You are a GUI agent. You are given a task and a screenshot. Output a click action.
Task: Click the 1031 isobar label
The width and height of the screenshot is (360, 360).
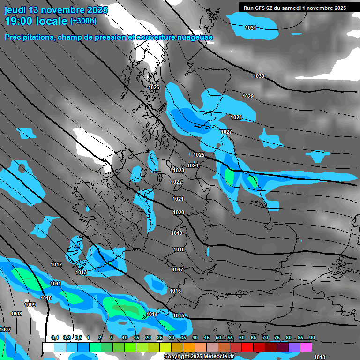coord(251,28)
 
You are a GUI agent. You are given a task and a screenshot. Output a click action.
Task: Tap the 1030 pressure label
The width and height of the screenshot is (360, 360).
coord(259,76)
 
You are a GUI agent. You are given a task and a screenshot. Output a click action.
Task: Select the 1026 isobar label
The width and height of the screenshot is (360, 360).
coord(154,87)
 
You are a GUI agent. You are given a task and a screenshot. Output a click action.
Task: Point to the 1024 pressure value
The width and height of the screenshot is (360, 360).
coord(193,165)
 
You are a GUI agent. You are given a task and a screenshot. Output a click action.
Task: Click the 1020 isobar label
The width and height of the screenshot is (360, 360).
coord(178,212)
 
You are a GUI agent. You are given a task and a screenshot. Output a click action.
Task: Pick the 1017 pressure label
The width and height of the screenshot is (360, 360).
coord(178,270)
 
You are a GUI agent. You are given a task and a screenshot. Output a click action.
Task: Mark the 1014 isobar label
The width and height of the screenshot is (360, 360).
coord(152,314)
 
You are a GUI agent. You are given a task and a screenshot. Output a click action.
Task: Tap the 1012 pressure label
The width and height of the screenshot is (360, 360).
coord(56,264)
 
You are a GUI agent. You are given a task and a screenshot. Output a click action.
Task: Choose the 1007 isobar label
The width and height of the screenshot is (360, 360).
coord(5,330)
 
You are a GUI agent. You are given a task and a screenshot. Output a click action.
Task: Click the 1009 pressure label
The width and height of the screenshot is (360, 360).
coord(30,305)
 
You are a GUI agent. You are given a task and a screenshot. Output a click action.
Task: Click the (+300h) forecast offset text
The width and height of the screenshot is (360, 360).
coord(83,21)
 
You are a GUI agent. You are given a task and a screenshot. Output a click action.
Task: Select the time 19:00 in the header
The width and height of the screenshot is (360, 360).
coord(20,21)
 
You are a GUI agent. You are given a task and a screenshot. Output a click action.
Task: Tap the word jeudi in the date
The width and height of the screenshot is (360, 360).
coord(15,9)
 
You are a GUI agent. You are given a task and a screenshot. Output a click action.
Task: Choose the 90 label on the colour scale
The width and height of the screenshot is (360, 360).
coord(312,337)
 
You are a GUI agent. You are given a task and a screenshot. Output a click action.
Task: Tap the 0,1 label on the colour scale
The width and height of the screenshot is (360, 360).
coord(54,337)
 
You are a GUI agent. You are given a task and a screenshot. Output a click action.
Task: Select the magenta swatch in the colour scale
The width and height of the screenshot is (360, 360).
coord(306,347)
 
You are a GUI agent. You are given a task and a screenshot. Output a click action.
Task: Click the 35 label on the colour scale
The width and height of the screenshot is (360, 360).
coord(183,337)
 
